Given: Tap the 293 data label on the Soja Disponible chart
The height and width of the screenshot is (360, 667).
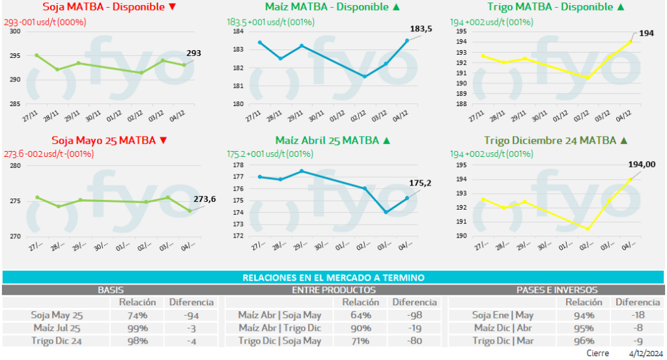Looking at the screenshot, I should tap(194, 53).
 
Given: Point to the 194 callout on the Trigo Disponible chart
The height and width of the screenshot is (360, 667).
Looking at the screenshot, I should tap(647, 32).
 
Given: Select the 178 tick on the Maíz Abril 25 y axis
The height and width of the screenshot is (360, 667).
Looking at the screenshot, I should tap(238, 165).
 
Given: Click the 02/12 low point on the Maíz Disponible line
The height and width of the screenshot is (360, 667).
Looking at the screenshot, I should tap(364, 77).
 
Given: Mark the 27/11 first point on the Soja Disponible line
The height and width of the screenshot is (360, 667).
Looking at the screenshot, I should tap(36, 55).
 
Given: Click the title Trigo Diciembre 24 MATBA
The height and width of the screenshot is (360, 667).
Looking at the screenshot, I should tap(551, 140).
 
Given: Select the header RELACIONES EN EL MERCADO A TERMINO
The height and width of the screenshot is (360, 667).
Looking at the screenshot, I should tap(333, 277).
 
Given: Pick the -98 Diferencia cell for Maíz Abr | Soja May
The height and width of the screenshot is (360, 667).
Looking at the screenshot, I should tap(414, 315).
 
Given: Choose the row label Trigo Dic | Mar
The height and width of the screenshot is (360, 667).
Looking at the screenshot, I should tap(504, 340).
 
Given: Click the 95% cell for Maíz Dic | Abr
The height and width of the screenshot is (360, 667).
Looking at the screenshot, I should tap(578, 327).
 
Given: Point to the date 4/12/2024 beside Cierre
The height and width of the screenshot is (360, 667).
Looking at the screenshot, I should tap(644, 353).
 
